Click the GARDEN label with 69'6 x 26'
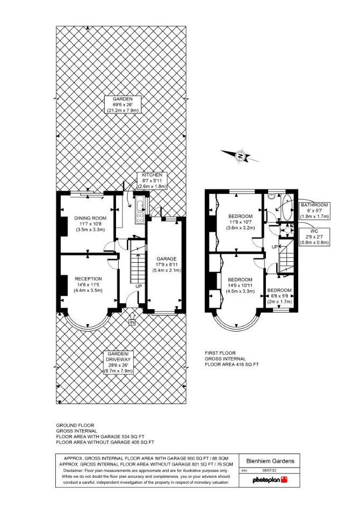[x=123, y=104]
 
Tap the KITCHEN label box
[x=152, y=181]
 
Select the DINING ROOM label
[x=91, y=224]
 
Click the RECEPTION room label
[x=88, y=284]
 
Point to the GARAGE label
[x=167, y=264]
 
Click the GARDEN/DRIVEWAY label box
[x=119, y=362]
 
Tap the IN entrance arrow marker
[x=132, y=320]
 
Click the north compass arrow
[x=240, y=156]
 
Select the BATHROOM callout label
[x=314, y=211]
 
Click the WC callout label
[x=314, y=236]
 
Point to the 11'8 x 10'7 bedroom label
[x=240, y=222]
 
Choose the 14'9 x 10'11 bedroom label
[x=240, y=285]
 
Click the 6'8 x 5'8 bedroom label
[x=279, y=296]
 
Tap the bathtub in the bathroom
[x=287, y=207]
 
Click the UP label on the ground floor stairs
[x=139, y=286]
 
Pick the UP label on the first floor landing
[x=275, y=247]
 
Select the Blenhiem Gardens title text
[x=270, y=461]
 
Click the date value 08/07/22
[x=269, y=470]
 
